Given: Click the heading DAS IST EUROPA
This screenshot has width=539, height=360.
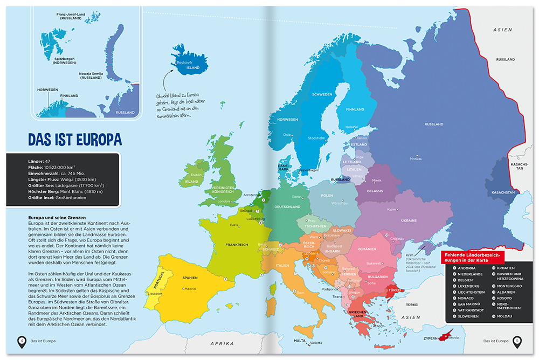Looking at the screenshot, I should tap(75, 140).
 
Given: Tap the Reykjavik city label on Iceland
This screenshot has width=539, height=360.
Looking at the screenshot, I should tap(185, 63).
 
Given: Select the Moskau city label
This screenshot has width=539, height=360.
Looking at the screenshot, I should tap(416, 158).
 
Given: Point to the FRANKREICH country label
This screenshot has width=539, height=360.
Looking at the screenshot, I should tap(237, 245).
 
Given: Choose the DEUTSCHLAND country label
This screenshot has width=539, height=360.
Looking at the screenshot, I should tap(287, 206).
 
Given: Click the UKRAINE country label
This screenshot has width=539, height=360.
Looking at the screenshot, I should tap(408, 220).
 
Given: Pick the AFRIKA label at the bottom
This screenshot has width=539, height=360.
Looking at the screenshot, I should tap(222, 343).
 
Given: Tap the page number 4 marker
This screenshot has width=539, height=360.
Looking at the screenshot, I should tap(22, 340).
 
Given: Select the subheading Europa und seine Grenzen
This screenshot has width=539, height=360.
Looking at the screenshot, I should tap(54, 217).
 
